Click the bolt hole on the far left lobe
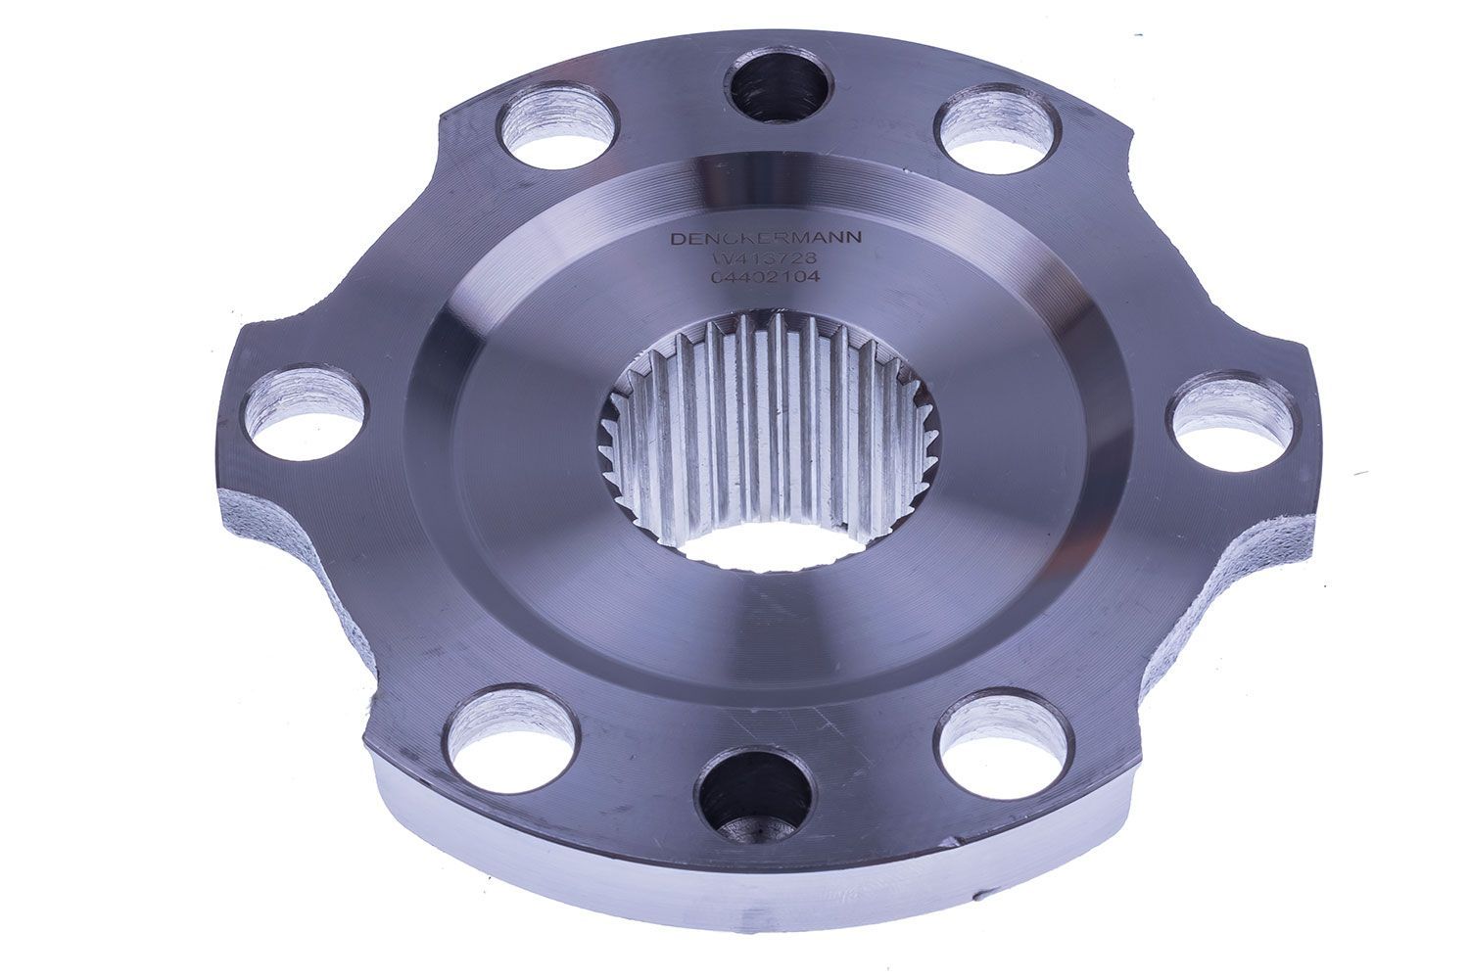304,415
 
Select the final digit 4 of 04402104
812,278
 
